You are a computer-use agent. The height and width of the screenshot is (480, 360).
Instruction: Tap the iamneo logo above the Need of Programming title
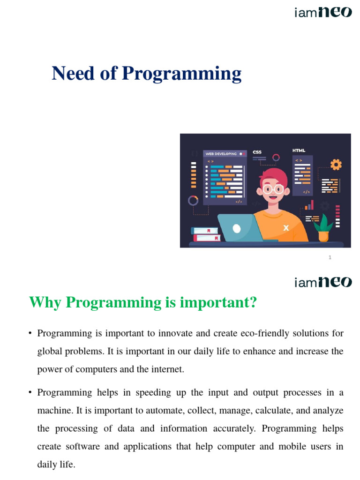coord(322,12)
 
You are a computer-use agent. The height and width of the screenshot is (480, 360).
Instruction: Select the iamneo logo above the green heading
coord(322,282)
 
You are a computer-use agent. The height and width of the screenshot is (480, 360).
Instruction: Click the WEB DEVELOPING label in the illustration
coord(221,154)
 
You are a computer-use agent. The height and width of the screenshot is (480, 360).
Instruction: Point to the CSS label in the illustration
coord(257,152)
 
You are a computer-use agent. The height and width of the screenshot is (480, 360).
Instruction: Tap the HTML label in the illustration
coord(299,150)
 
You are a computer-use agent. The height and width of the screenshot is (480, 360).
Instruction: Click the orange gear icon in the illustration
coord(336,165)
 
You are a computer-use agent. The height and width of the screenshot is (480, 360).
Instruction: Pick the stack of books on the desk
coord(206,234)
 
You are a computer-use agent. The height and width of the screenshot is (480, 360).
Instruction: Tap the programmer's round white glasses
coord(273,189)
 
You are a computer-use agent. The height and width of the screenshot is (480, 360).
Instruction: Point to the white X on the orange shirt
coord(286,228)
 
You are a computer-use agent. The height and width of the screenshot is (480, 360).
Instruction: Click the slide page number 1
coord(330,257)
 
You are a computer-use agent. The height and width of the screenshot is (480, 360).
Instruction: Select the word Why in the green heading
coord(46,303)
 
